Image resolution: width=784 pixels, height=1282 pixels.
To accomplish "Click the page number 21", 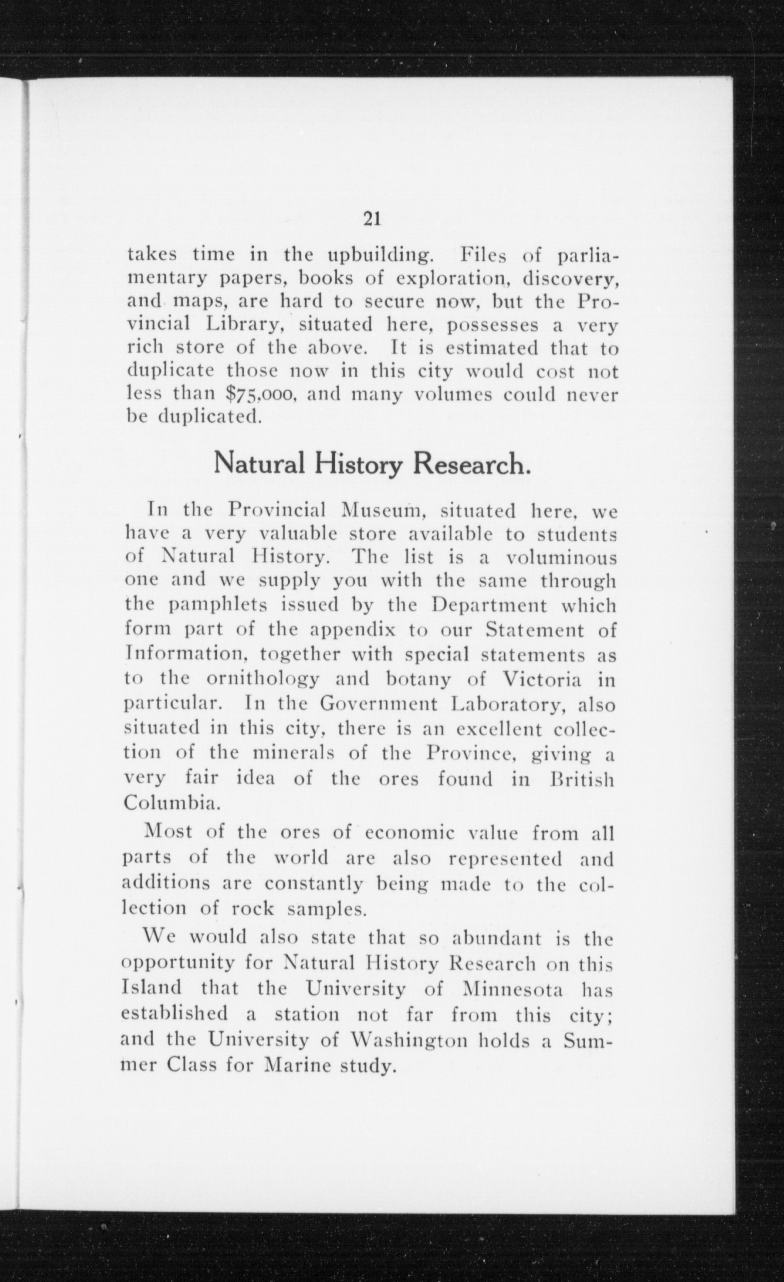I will (371, 219).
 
